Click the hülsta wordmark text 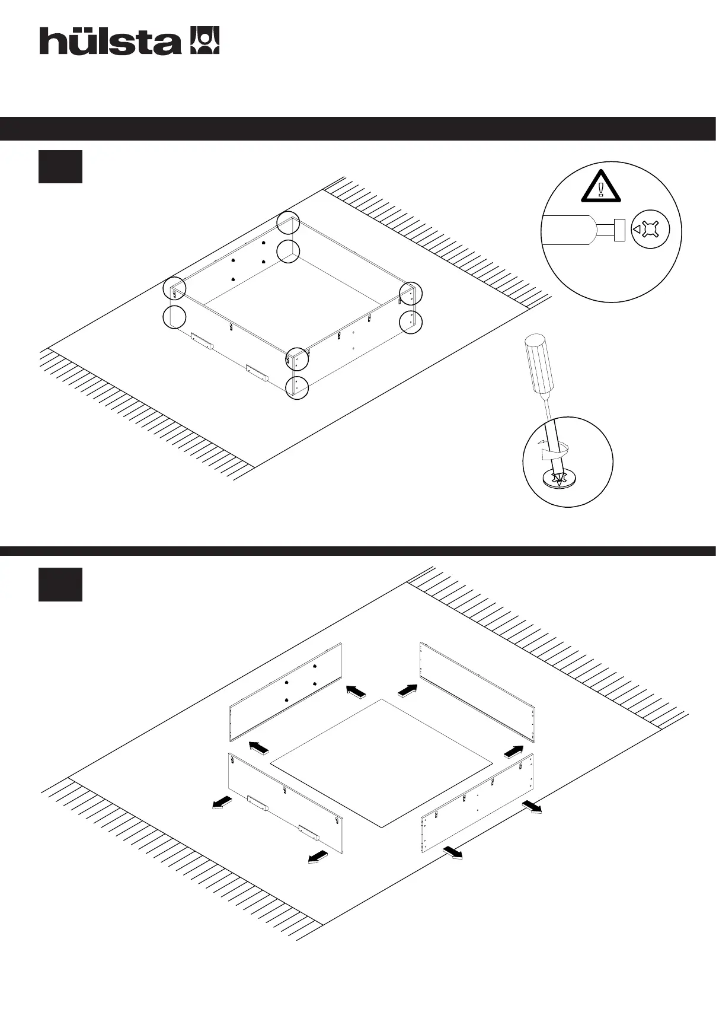tap(110, 42)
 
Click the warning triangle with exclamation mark tap(601, 186)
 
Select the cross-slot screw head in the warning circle tap(650, 229)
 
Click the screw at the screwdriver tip tap(559, 479)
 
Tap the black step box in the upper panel tap(60, 167)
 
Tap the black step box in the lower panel tap(60, 584)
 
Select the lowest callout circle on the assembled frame tap(297, 387)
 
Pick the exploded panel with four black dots tap(285, 692)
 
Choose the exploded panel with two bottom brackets tap(285, 804)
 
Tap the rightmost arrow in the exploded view tap(532, 807)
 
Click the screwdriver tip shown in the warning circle tap(619, 230)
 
